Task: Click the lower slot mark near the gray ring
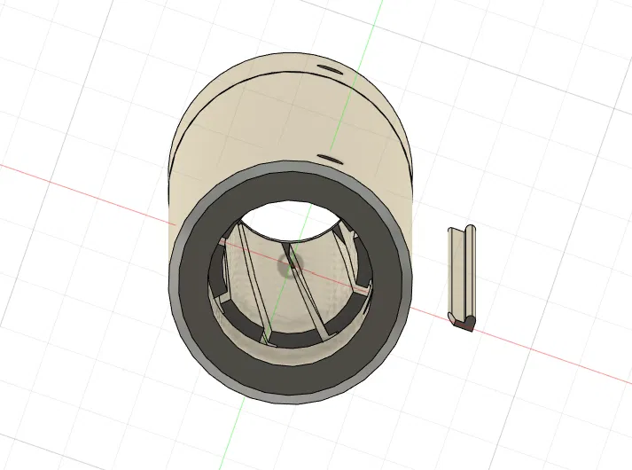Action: click(329, 159)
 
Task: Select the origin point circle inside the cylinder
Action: click(290, 262)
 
